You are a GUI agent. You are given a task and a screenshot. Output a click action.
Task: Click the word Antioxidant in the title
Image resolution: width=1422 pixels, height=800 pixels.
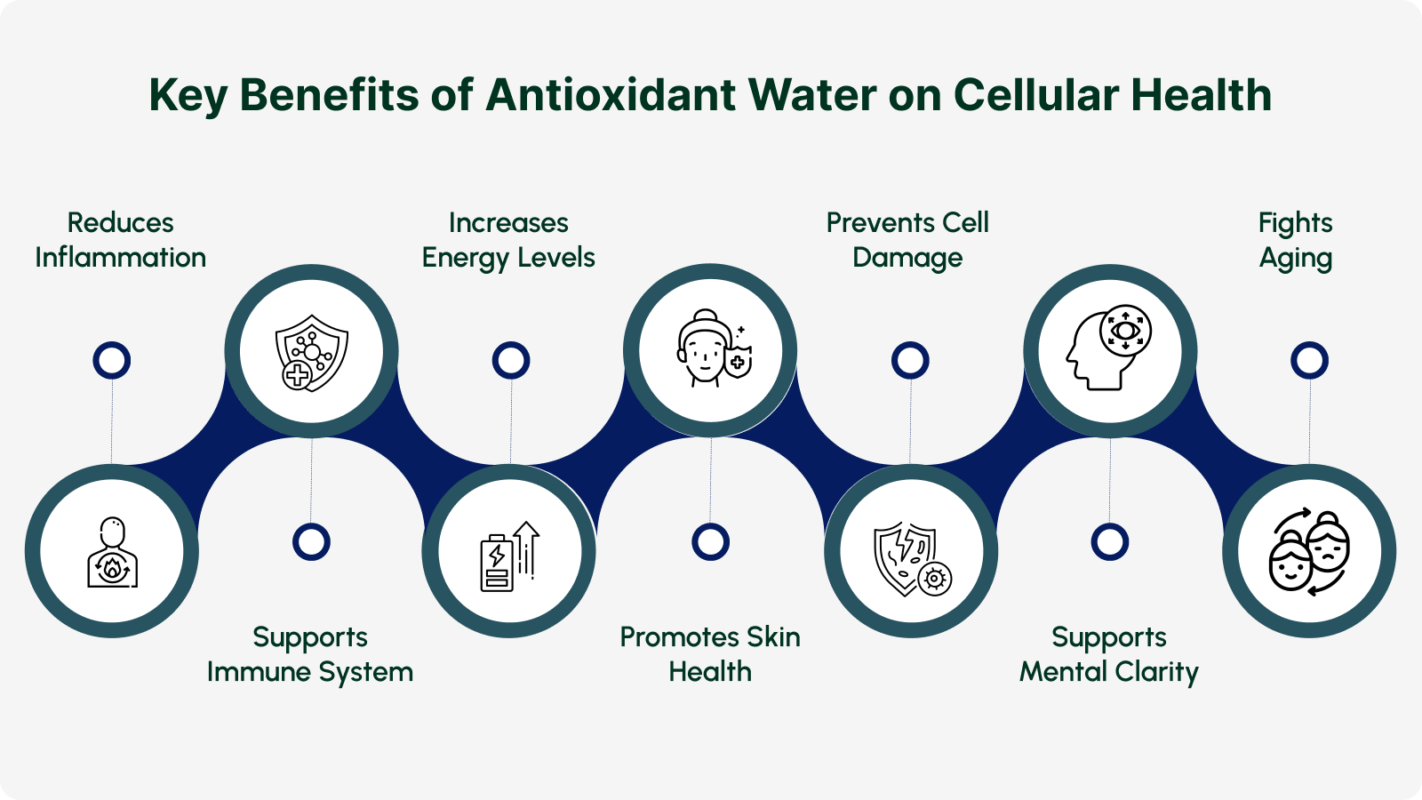[611, 95]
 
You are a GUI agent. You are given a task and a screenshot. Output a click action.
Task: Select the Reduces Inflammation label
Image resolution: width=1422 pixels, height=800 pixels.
[121, 240]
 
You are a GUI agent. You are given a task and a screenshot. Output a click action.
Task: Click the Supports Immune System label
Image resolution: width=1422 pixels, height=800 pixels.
[310, 654]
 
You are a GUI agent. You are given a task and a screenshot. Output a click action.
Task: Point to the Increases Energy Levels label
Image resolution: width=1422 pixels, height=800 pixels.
[508, 241]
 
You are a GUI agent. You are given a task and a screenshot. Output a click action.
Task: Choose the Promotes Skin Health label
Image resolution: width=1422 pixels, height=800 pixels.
[710, 654]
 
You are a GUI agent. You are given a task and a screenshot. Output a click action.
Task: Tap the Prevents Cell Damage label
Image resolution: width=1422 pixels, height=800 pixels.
[907, 241]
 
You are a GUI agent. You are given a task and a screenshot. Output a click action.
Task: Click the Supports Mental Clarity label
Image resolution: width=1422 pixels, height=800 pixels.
[1109, 654]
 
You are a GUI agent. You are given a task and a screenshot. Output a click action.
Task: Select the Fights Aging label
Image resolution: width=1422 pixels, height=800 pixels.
[1296, 241]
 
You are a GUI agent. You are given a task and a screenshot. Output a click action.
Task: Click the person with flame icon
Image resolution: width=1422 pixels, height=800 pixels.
[112, 552]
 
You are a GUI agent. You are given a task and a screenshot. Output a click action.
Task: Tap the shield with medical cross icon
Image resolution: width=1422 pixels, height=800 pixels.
[312, 352]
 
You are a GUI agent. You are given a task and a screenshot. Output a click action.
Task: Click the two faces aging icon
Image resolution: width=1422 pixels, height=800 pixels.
[1310, 551]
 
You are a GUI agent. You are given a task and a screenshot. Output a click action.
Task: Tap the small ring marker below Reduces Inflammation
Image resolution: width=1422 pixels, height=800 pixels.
[112, 361]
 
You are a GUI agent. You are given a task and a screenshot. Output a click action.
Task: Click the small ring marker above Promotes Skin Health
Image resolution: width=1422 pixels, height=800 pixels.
[710, 542]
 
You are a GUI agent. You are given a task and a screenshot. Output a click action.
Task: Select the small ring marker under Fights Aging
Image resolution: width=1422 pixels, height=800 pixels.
[1310, 361]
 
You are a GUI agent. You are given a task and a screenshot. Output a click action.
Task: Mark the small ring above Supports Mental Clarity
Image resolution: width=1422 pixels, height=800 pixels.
[1110, 542]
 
